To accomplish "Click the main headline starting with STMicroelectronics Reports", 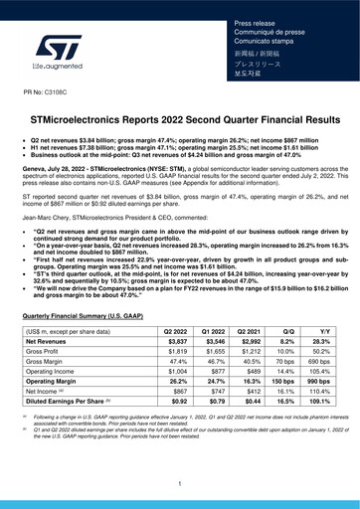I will coord(180,119).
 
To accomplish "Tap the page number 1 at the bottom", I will coord(180,482).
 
